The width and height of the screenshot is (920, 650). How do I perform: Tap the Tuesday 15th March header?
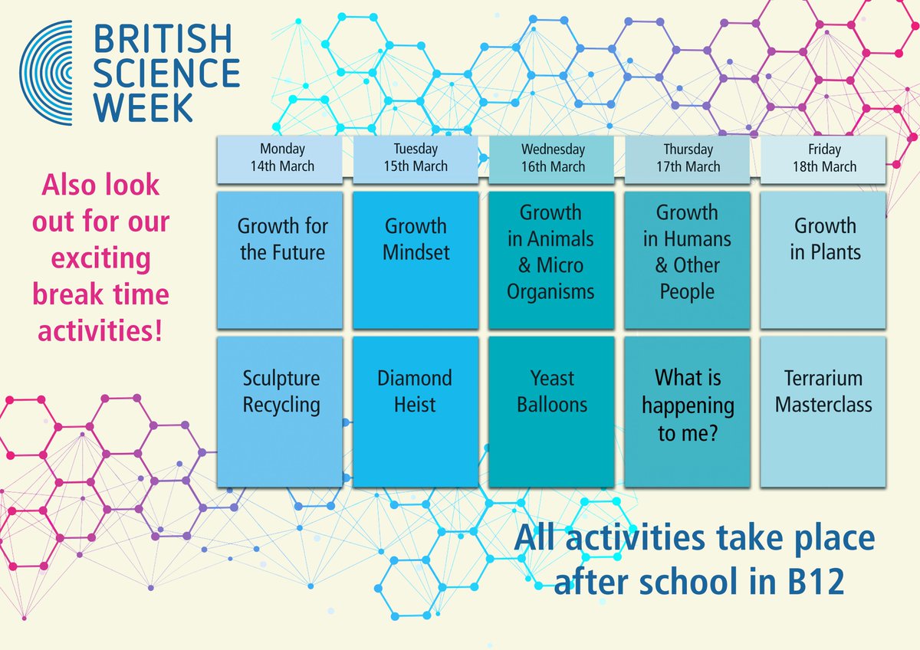416,158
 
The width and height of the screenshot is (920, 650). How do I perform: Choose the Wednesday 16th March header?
552,158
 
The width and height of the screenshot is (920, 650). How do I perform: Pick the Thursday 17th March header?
688,158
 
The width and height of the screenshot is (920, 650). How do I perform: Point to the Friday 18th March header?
823,158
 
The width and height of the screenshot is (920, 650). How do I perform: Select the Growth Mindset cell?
416,261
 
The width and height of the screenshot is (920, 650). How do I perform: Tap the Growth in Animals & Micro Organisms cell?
552,261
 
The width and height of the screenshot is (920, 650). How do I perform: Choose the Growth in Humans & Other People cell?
688,261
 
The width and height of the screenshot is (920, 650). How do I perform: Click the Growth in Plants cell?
823,261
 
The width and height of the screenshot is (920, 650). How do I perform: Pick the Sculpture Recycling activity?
281,411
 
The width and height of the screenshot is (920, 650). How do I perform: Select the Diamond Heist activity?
416,411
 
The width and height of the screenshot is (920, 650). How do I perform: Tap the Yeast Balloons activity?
552,411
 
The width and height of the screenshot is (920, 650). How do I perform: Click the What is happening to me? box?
688,411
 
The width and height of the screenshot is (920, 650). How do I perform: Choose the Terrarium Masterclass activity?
823,411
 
